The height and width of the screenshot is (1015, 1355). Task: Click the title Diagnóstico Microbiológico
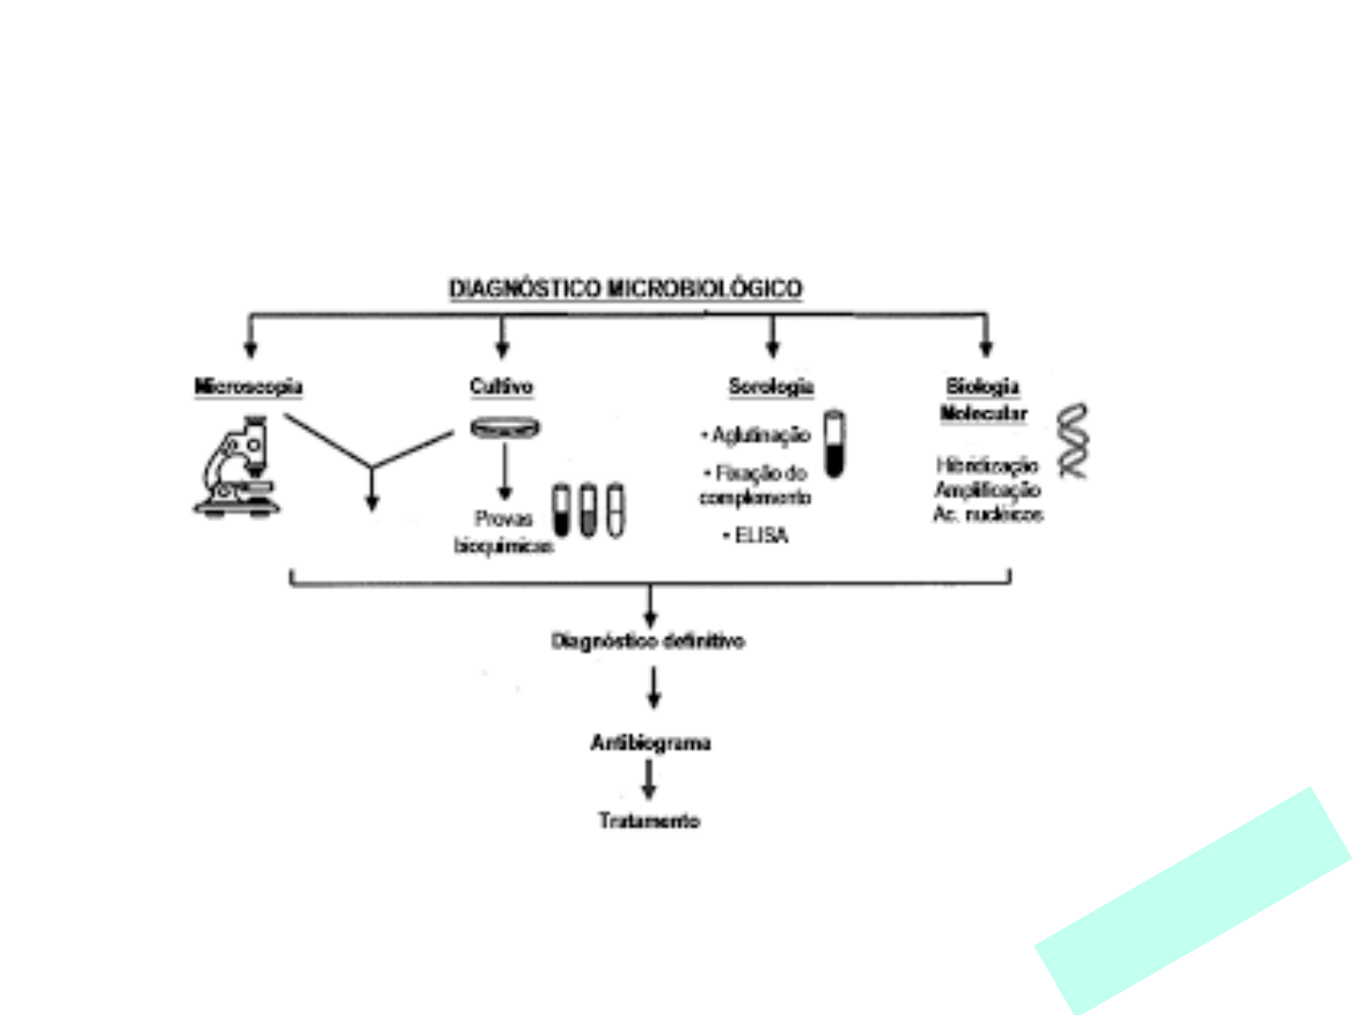point(625,289)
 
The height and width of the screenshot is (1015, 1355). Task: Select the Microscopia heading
point(248,387)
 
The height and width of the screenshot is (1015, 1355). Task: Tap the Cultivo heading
point(502,387)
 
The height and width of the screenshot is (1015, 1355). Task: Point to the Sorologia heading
point(771,387)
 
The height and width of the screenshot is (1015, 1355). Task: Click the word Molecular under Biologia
point(983,415)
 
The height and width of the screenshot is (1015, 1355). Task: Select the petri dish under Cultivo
point(505,427)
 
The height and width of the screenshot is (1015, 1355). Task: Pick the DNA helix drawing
point(1073,441)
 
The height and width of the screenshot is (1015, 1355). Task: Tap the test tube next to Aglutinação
point(835,444)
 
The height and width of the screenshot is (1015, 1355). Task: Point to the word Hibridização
point(987,466)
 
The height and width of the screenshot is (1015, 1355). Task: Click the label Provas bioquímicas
point(503,532)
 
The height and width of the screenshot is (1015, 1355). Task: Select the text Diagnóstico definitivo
point(648,641)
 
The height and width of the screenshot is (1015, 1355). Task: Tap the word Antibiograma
point(650,743)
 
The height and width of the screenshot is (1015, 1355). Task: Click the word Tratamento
point(649,821)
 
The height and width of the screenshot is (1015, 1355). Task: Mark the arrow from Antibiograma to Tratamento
point(649,780)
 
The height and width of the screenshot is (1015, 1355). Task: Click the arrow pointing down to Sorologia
point(772,336)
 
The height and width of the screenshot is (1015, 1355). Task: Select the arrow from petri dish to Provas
point(505,472)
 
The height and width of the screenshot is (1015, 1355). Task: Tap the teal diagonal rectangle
point(1193,902)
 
